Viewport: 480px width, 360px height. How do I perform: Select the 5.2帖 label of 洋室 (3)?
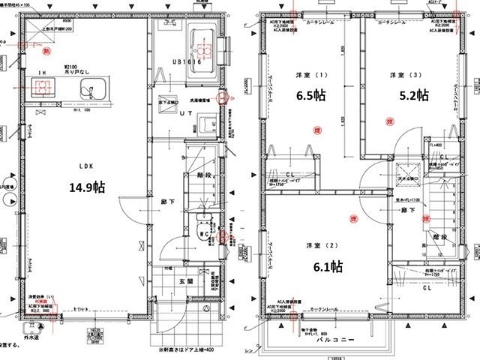pos(413,95)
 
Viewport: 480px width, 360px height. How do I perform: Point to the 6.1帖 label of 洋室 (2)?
pos(327,266)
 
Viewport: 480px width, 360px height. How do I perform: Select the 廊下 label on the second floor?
pos(409,211)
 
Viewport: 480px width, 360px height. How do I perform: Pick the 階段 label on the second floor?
pos(439,237)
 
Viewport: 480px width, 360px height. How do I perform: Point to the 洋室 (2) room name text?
pos(317,246)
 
